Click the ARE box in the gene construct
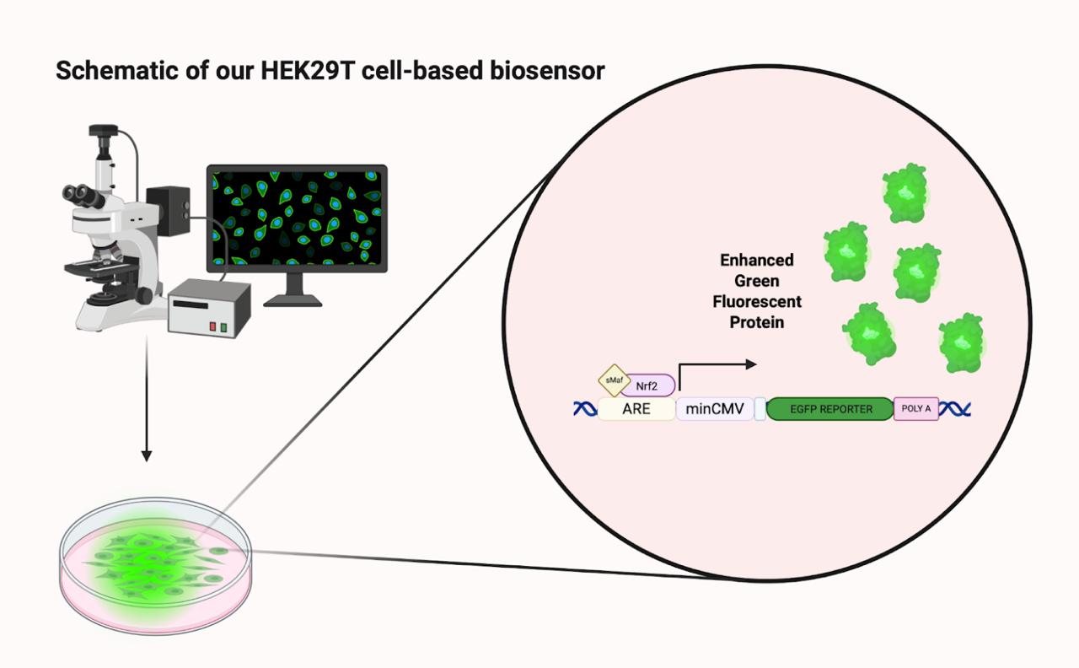pos(636,410)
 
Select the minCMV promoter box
pos(715,410)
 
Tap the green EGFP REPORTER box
pos(830,410)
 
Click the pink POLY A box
pos(916,409)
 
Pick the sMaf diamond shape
pos(613,380)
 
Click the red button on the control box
pos(212,326)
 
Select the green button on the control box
pos(223,326)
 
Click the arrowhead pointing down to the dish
pos(147,456)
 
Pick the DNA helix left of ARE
pos(584,410)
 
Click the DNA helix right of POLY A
pos(955,410)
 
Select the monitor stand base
pos(293,299)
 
